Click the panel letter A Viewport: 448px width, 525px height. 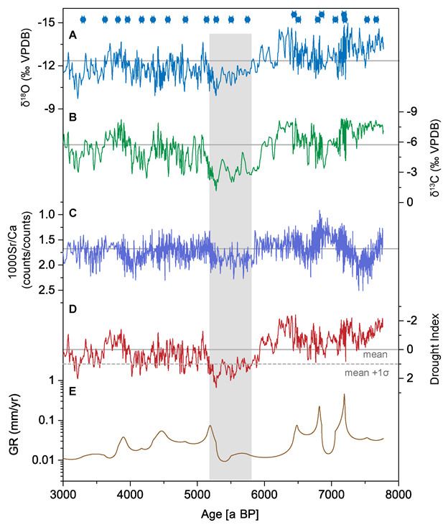point(72,35)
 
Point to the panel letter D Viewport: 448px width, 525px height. point(72,309)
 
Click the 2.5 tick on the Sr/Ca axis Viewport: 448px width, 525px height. point(47,290)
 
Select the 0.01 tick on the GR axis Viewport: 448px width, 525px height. point(45,459)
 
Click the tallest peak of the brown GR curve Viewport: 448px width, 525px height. point(344,395)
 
